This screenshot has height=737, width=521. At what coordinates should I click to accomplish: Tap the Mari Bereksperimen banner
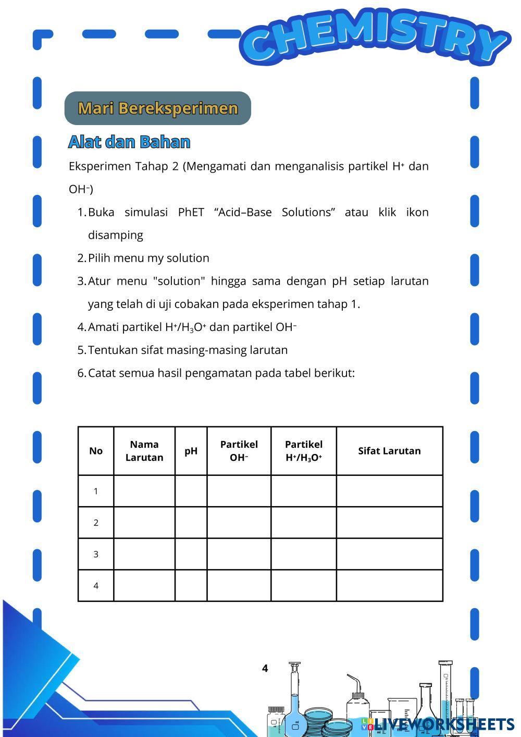(158, 108)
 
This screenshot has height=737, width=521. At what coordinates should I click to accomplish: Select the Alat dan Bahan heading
(129, 142)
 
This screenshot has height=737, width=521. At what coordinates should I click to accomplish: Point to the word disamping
(116, 236)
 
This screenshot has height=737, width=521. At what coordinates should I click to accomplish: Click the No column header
(96, 451)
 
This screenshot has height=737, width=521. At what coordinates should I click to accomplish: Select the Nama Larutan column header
(144, 451)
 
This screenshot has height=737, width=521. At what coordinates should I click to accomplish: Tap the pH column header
(191, 451)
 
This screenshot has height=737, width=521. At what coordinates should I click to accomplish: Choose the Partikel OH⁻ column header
(239, 451)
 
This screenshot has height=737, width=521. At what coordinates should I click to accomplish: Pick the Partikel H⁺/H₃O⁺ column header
(304, 451)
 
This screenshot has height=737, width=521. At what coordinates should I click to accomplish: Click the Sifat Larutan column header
(389, 451)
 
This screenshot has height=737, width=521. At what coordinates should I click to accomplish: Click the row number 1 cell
(96, 491)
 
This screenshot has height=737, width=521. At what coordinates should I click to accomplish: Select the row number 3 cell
(96, 554)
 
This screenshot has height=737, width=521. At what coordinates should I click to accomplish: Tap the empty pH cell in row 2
(191, 523)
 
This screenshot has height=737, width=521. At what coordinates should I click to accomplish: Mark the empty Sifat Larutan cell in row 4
(389, 586)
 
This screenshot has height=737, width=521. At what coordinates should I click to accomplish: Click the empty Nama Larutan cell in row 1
(144, 491)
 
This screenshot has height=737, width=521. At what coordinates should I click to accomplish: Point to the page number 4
(265, 669)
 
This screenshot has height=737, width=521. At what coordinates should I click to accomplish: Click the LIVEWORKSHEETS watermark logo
(438, 724)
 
